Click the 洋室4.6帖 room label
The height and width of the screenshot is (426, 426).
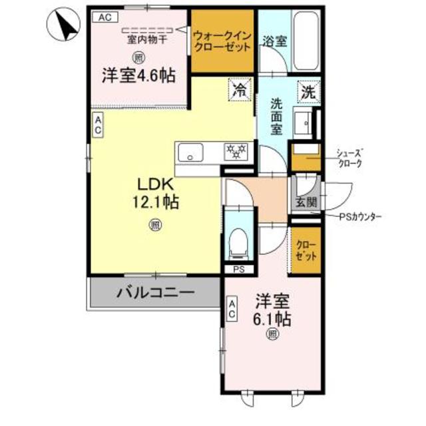(138, 75)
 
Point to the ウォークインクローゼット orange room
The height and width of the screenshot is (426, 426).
(222, 41)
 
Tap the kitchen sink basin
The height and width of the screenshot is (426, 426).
(192, 152)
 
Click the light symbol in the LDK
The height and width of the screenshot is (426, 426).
(154, 225)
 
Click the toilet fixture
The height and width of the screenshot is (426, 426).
(236, 242)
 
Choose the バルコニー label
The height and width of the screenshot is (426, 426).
(156, 292)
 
